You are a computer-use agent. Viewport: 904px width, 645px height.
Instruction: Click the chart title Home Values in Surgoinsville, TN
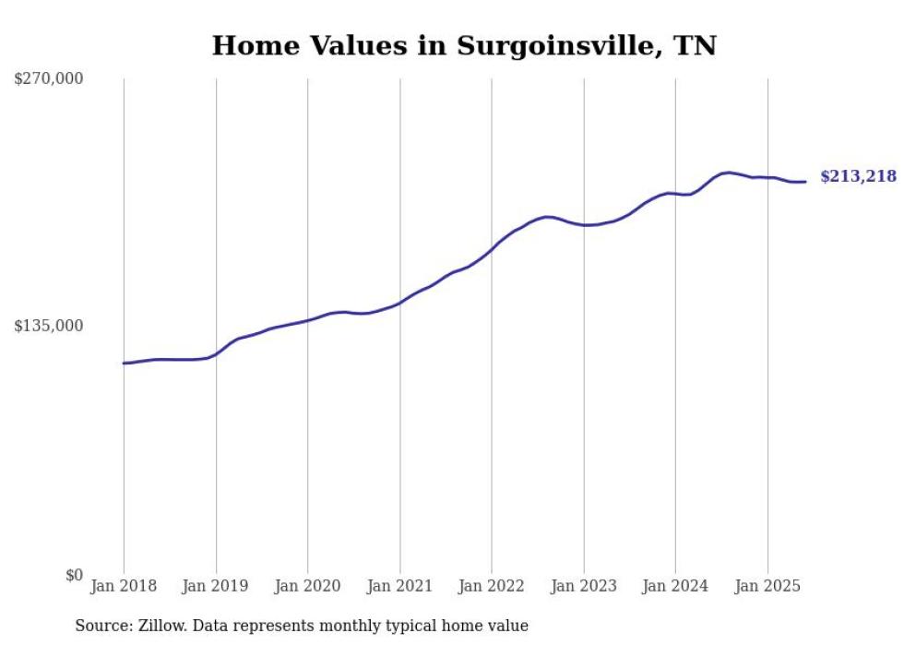(464, 45)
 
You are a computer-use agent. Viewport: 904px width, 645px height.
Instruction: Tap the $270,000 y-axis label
(49, 79)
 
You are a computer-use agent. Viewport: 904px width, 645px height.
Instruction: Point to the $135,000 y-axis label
(49, 326)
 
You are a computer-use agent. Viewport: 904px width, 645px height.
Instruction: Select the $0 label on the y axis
(74, 575)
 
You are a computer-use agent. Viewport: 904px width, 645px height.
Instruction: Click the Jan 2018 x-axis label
(124, 586)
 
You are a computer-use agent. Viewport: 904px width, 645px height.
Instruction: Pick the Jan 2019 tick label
(216, 586)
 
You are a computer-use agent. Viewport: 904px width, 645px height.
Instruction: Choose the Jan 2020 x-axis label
(307, 586)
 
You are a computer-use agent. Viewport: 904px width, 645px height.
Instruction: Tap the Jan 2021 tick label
(399, 586)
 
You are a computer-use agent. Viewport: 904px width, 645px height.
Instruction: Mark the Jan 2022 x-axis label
(492, 586)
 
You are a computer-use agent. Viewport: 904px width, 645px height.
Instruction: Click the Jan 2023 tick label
(583, 586)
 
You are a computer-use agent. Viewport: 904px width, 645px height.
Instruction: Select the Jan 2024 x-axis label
(675, 586)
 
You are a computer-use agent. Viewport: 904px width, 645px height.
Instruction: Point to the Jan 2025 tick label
(767, 586)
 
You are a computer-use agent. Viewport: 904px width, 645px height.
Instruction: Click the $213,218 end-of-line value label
(858, 176)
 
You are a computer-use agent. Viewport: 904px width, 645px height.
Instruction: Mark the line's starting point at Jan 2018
(125, 363)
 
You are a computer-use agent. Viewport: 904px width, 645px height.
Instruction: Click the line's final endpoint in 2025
(805, 182)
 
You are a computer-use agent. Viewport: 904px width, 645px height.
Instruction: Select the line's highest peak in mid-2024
(729, 173)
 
